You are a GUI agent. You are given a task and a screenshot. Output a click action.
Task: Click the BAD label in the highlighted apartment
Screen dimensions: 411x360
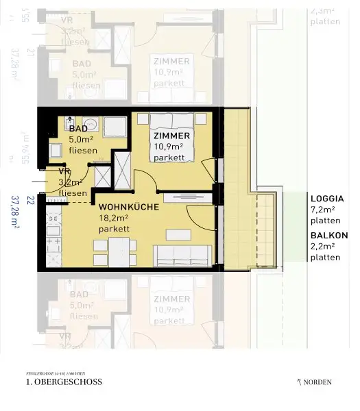[77, 129]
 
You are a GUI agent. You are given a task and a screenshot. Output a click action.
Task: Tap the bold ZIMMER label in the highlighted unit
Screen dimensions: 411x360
[171, 136]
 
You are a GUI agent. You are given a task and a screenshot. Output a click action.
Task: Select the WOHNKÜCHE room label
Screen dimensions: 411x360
[129, 206]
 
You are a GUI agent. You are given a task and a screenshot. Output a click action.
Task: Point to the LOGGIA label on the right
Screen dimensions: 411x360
[328, 199]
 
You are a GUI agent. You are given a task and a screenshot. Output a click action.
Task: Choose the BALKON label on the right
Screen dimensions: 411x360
[329, 235]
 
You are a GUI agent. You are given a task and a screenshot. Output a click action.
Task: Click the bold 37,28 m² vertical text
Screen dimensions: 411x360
[15, 213]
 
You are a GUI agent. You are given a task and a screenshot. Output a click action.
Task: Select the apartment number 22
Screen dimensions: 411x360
[29, 201]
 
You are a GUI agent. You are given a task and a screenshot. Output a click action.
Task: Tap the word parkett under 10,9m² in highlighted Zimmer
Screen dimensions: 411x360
[169, 158]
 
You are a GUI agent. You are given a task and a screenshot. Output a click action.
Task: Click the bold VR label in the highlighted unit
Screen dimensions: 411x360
[65, 171]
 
